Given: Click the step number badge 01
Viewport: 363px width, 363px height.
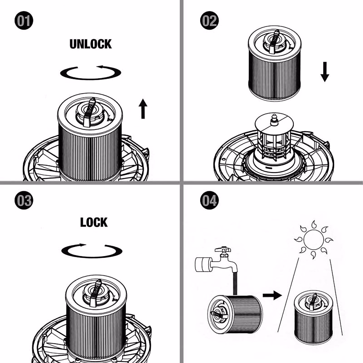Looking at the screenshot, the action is coord(24,20).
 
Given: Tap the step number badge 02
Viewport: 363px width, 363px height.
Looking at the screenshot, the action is coord(209,20).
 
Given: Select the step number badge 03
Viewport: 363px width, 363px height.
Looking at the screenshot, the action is coord(24,200).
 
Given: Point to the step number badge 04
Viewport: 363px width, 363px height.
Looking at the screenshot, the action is coord(209,200).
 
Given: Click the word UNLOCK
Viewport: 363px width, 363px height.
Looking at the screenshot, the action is coord(91,44).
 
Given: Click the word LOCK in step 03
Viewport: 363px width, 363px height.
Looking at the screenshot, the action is coord(94,222).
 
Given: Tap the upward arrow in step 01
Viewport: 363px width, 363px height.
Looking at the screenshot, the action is coord(143,109).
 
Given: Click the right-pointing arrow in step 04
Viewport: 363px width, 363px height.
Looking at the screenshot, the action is coord(272,295).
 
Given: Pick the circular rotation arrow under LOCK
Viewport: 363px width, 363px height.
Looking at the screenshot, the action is coord(92,251).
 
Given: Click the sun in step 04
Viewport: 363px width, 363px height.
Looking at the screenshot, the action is coord(314,240).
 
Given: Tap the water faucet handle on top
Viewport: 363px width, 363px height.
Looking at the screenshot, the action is coord(223,249).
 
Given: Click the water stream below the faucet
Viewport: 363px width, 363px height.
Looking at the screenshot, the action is coord(235,283).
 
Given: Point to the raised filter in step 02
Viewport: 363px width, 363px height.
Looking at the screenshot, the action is coord(275,65).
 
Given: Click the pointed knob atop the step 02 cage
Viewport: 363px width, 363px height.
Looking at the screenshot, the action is coord(274,119).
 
